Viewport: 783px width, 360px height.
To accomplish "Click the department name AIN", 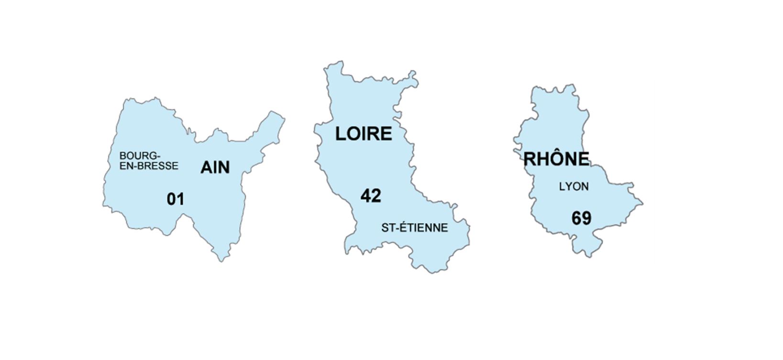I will click(215, 167).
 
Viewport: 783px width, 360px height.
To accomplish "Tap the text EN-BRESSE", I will click(149, 166).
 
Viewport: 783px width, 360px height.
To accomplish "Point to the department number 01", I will click(176, 199).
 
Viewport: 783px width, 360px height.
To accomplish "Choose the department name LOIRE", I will click(363, 134).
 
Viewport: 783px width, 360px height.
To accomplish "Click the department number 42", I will click(371, 196).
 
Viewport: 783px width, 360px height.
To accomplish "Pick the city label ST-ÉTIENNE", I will click(414, 228).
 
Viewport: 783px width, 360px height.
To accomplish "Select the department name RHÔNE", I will click(556, 159).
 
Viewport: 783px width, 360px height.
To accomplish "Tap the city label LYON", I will click(573, 187).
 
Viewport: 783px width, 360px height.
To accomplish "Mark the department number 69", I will click(581, 218).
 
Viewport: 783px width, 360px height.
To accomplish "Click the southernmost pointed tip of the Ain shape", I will click(221, 260).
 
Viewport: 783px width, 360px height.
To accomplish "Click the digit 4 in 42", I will click(366, 196).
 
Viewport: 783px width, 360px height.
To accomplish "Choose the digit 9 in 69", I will click(586, 218).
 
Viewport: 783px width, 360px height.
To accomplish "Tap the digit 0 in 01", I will click(172, 199).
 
